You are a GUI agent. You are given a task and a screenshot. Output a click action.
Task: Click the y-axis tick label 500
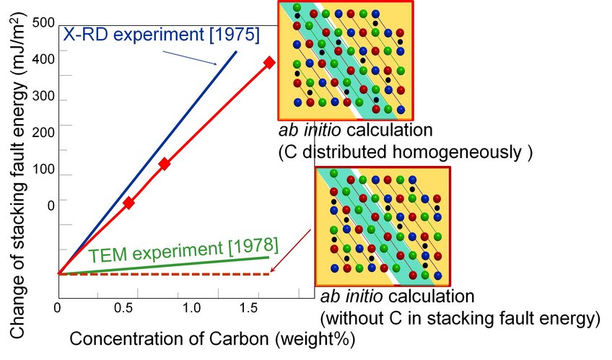click(45, 23)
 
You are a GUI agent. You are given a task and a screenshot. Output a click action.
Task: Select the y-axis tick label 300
click(45, 97)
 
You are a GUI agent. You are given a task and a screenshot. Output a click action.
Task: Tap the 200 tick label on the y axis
click(45, 132)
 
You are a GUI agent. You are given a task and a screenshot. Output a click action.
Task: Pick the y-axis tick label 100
click(45, 175)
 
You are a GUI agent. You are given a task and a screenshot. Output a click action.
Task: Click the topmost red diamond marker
click(269, 63)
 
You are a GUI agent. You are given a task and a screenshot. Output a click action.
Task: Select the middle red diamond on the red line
click(165, 164)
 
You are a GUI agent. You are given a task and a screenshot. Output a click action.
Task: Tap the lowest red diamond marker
click(128, 203)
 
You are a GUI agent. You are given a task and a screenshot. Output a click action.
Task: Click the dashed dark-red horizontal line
click(166, 274)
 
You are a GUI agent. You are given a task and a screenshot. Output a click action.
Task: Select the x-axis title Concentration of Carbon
click(213, 338)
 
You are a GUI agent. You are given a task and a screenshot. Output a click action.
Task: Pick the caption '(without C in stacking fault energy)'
click(460, 317)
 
